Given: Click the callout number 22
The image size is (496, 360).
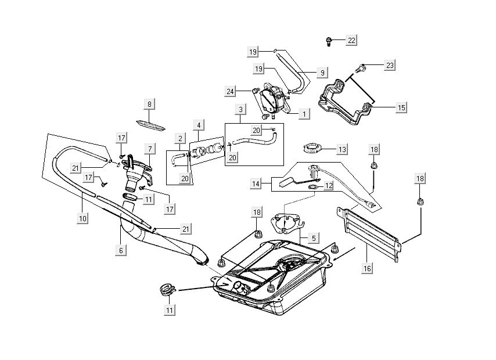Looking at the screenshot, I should pos(351,40).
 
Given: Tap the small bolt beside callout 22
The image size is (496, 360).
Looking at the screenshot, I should pos(329,41).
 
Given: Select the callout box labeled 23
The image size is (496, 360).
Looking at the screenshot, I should pos(389,66).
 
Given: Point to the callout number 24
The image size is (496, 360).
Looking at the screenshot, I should pos(231,91).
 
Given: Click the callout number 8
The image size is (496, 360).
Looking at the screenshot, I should pos(149,105).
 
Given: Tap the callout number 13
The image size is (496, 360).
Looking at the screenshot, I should pos(342,149).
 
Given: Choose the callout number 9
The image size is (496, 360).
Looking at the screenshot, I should pos(322,73).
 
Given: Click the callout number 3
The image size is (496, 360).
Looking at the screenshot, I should pos(240,109).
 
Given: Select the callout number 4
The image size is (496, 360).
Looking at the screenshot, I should pos(199,125).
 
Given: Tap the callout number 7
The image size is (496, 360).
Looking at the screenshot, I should pos(149,149).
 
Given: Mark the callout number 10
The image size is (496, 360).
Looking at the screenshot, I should pos(83,218).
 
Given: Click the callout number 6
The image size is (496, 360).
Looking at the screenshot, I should pos(121,250).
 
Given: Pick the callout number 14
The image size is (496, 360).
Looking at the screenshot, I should pos(256,183).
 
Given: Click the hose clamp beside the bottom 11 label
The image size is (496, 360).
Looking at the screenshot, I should pos(167,289).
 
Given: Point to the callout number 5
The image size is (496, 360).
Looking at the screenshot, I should pos(313,237).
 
